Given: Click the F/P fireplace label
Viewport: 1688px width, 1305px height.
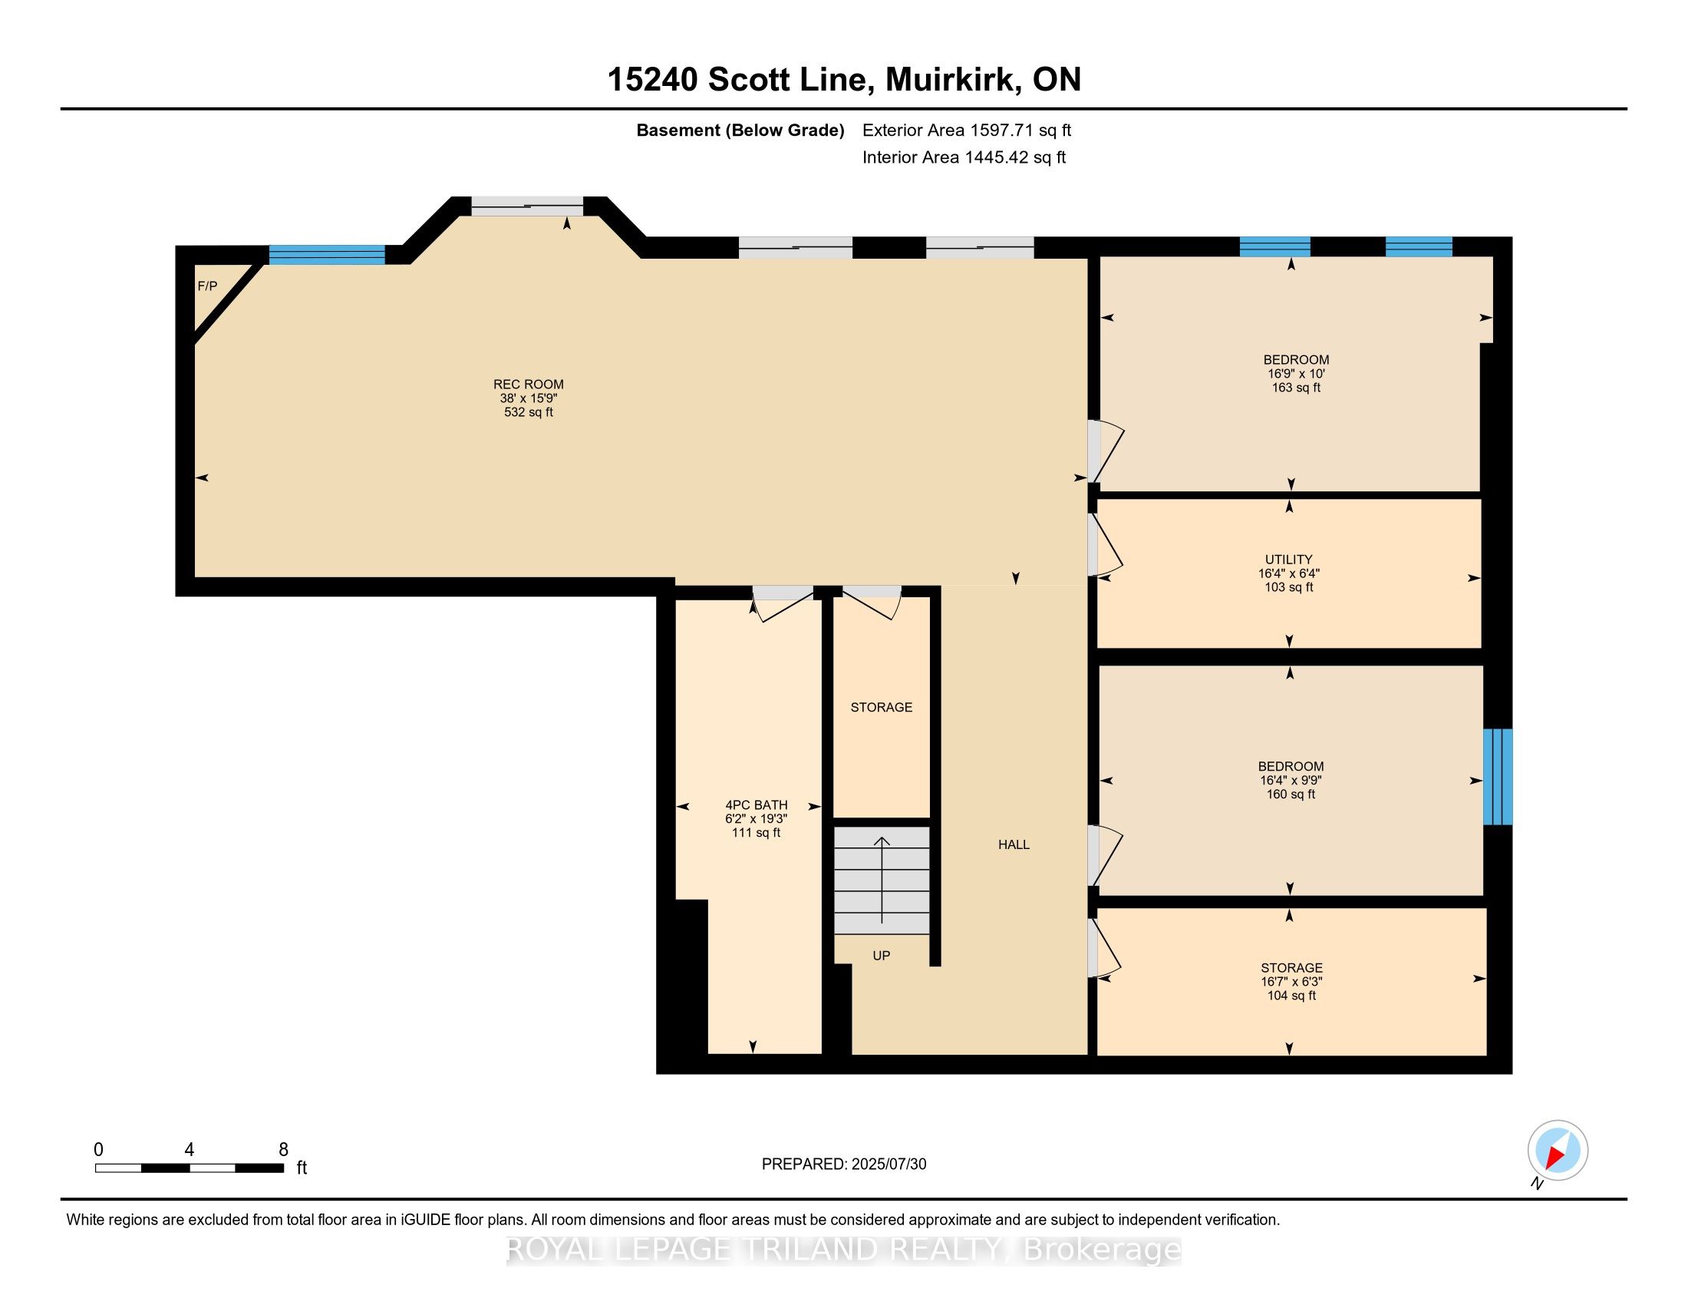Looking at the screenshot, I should point(207,286).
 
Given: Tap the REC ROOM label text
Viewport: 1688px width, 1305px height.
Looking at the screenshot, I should point(529,385).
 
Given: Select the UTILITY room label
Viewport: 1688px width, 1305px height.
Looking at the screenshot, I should point(1288,559).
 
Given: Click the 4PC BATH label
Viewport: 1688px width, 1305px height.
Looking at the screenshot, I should point(756,804).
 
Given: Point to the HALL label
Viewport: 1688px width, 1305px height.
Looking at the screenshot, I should point(1014,844).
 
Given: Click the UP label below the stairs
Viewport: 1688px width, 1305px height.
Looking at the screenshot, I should point(881,956).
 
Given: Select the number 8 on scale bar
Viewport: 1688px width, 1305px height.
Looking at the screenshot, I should point(283,1149).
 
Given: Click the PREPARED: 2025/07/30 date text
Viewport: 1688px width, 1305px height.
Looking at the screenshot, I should point(843,1165).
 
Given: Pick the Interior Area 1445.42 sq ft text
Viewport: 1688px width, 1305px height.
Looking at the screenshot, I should point(964,157).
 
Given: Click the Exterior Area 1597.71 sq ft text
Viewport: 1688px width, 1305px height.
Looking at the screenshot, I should point(966,130).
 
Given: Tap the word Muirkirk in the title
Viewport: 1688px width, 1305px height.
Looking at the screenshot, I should point(949,80).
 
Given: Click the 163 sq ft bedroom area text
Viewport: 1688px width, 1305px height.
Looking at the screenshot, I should point(1296,388).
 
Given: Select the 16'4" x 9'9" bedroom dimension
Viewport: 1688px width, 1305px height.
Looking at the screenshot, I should point(1290,780).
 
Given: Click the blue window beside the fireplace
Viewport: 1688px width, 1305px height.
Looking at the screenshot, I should point(326,254).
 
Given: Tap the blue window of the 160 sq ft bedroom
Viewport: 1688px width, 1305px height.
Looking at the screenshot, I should point(1497,776).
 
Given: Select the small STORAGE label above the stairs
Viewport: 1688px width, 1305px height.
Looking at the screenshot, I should point(881,706).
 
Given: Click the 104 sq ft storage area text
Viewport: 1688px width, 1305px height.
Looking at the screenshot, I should point(1291,996).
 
